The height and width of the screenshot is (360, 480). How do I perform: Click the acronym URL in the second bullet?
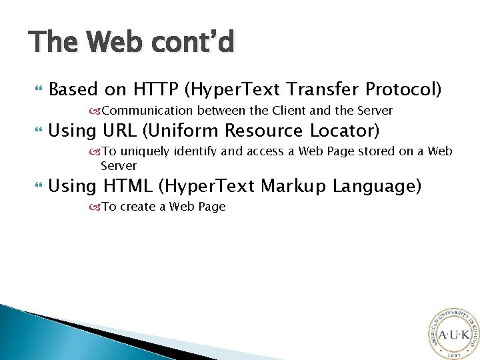coord(121,131)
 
